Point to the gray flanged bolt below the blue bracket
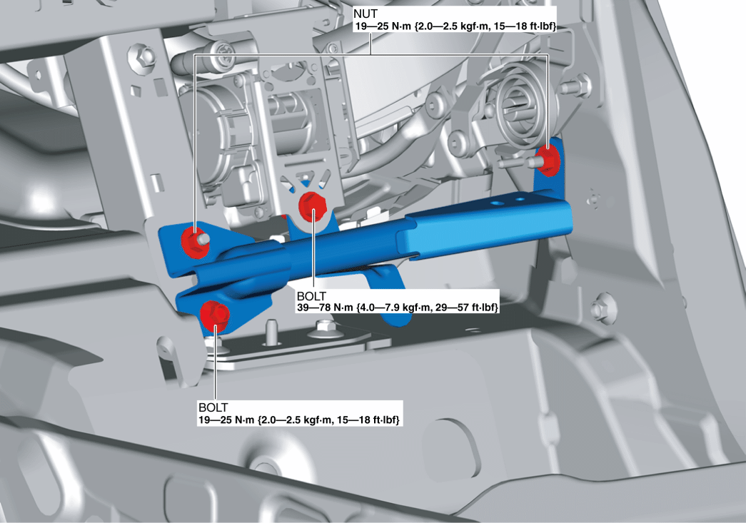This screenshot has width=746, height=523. pyautogui.click(x=326, y=329)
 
